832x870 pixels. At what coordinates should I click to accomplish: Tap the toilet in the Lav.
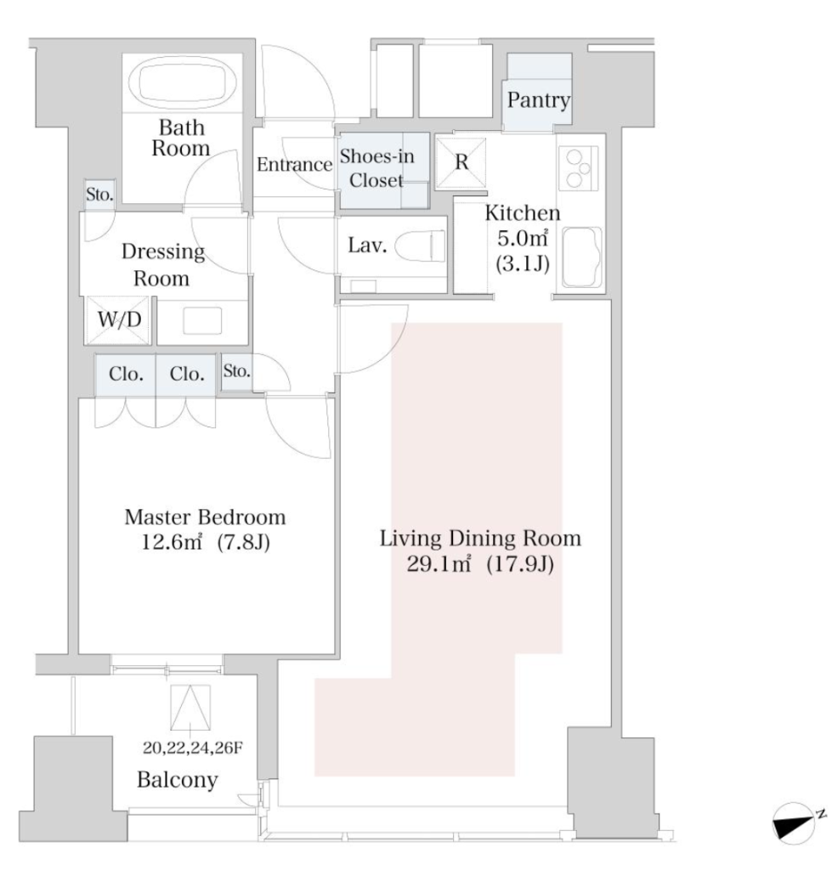[x=421, y=247]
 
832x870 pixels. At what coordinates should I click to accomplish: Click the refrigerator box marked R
[x=461, y=162]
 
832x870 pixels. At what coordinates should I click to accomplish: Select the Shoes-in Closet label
[x=382, y=169]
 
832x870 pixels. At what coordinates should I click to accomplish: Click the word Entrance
[x=294, y=165]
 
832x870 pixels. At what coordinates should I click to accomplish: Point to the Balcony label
[x=179, y=779]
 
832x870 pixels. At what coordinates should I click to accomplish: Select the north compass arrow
[x=795, y=821]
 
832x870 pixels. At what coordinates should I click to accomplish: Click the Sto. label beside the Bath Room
[x=99, y=194]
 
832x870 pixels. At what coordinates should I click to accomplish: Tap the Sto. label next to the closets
[x=235, y=370]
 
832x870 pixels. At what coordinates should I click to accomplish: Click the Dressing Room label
[x=163, y=264]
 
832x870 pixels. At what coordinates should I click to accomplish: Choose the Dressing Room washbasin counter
[x=203, y=320]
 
